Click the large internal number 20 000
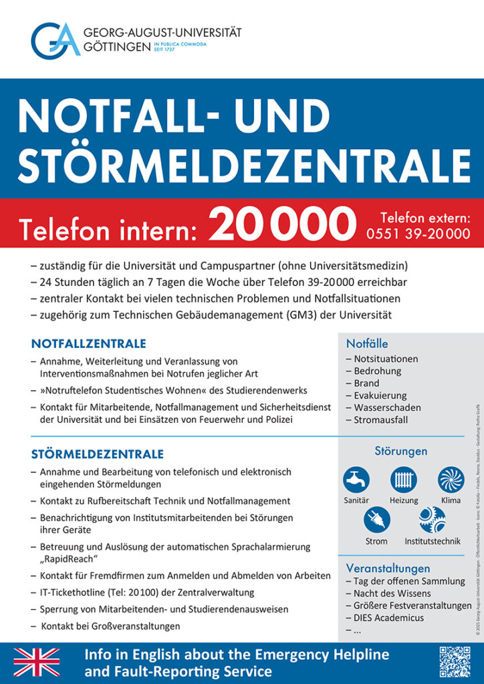tap(282, 224)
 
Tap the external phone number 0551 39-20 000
tap(418, 234)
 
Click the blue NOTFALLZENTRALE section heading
tap(88, 344)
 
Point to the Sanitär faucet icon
tap(356, 480)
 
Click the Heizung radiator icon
tap(403, 480)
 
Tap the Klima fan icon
tap(451, 480)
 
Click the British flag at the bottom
tap(37, 662)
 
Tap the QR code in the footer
tap(455, 661)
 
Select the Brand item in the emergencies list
tap(366, 383)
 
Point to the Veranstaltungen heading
tap(388, 568)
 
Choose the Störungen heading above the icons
tap(400, 451)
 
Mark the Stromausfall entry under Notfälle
tap(380, 419)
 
